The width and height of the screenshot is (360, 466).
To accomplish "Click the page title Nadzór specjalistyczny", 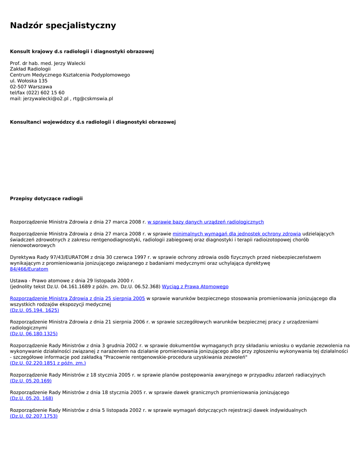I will pos(63,25).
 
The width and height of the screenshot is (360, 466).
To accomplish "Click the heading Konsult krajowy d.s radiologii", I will pos(82,51).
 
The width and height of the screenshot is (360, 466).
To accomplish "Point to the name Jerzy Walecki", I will pos(70,63).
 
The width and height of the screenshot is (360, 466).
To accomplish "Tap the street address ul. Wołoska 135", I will pos(29,81).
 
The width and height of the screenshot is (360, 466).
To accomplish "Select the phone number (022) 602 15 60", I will pos(46,93).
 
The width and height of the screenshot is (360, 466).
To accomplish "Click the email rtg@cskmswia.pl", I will pos(93,99).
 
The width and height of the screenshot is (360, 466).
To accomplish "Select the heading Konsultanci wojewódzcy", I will pos(93,122).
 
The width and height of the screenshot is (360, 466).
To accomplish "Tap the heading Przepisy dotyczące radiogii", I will pos(46,198).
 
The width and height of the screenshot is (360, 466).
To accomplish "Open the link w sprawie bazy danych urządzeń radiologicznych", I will pos(205,222).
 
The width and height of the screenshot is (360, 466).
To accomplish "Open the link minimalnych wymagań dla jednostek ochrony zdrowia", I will pos(236,234).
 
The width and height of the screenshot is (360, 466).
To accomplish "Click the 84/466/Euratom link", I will pos(29,269).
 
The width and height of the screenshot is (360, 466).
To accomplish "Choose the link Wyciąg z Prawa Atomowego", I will pos(195,287).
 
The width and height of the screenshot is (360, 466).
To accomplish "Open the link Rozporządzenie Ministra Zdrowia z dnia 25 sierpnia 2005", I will pos(77,299).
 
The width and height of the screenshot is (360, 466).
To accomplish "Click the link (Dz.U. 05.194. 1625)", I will pos(35,310).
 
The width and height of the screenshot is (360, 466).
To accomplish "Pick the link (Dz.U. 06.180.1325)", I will pos(34,334).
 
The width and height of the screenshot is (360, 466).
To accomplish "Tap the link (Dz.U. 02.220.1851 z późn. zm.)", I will pos(48,363).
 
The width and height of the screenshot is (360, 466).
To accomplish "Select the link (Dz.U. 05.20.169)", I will pos(31,381).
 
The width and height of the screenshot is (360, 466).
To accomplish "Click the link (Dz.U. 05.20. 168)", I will pos(31,398).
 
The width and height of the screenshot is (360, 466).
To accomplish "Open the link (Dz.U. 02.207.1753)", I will pos(34,416).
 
